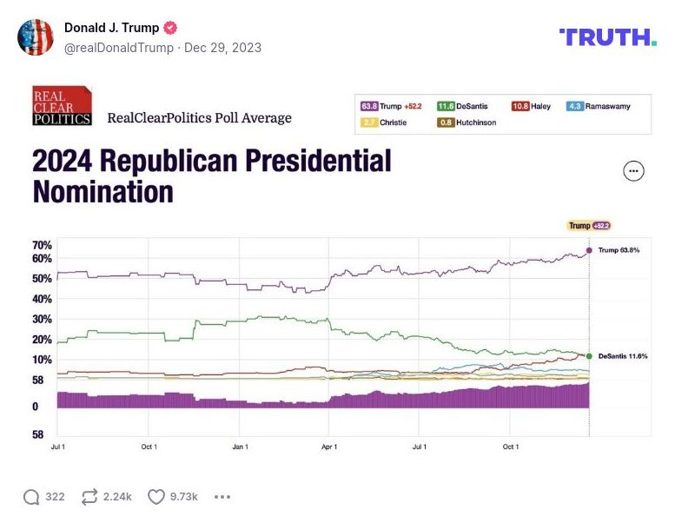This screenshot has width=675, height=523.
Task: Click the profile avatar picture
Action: tap(36, 36)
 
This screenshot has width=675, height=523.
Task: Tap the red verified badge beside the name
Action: tap(171, 28)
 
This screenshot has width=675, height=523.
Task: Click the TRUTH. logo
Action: tap(607, 36)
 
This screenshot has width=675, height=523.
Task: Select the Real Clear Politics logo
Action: tap(62, 106)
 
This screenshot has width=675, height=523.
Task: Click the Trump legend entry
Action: tap(391, 106)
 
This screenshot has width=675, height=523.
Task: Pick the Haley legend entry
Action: tap(531, 106)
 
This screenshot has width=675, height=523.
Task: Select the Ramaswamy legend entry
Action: tap(599, 106)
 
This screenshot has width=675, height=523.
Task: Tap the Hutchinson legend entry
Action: tap(467, 122)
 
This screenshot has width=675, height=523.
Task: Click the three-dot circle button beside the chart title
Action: tap(634, 171)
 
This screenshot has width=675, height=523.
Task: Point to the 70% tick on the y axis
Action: tap(43, 246)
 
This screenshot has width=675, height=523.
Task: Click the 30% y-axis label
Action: tap(43, 319)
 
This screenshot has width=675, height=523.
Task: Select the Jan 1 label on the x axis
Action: tap(240, 447)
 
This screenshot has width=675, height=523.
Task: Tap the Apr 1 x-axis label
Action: tap(329, 447)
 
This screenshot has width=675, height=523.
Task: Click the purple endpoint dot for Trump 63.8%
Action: tap(589, 250)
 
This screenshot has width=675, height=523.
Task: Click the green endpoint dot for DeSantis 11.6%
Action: tap(589, 356)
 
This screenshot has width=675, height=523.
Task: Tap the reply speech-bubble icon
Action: tap(31, 497)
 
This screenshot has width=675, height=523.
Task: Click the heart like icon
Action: tap(156, 497)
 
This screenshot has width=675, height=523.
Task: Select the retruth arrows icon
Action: tap(89, 497)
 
